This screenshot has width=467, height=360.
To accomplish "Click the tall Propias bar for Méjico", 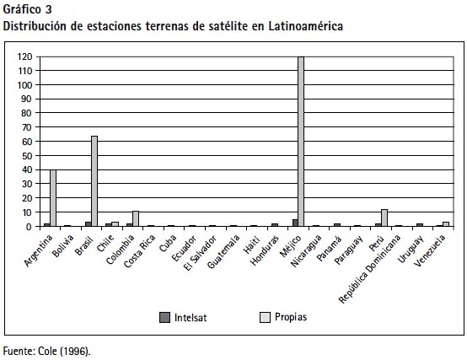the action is click(301, 142).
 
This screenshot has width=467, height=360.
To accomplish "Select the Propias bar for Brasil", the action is click(94, 181).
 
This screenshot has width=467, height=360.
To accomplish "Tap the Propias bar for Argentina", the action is click(53, 198).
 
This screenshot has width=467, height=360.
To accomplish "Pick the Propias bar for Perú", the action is click(384, 218).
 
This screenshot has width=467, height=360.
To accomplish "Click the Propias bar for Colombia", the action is click(136, 219).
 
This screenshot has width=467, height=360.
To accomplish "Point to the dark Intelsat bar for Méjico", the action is click(295, 223).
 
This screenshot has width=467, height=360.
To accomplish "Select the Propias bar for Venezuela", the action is click(446, 224).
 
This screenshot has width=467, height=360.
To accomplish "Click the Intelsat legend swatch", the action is click(164, 317).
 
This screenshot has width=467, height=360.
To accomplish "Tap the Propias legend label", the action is click(291, 317).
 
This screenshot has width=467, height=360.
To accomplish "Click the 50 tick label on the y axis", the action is click(27, 156).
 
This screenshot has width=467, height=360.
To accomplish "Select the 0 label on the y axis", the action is click(29, 227).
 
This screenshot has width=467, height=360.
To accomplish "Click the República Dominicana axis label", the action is click(369, 269).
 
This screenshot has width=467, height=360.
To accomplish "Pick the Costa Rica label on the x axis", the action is click(139, 251).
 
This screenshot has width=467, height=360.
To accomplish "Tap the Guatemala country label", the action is click(223, 251).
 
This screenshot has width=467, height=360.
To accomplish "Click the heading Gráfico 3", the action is click(28, 10).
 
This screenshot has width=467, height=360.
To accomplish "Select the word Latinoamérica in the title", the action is click(306, 26).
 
